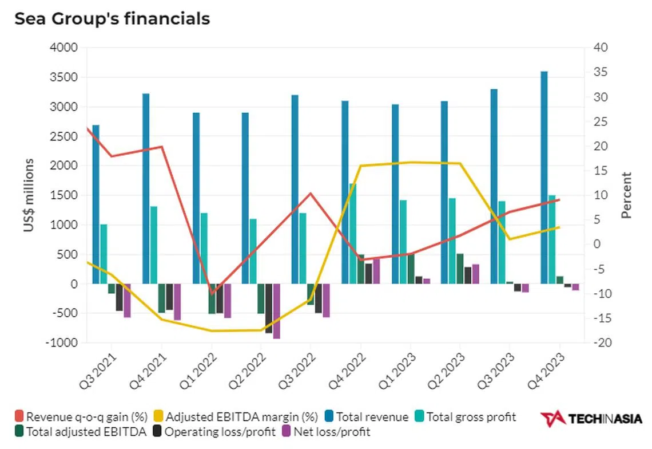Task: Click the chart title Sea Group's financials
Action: tap(112, 19)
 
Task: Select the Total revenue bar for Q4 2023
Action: tap(544, 178)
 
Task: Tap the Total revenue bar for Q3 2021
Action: tap(96, 204)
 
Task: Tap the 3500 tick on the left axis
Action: tap(65, 77)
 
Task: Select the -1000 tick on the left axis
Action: tap(62, 343)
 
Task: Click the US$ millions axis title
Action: tap(29, 195)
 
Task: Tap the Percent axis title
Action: tap(627, 195)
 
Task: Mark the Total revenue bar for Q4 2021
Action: tap(146, 188)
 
